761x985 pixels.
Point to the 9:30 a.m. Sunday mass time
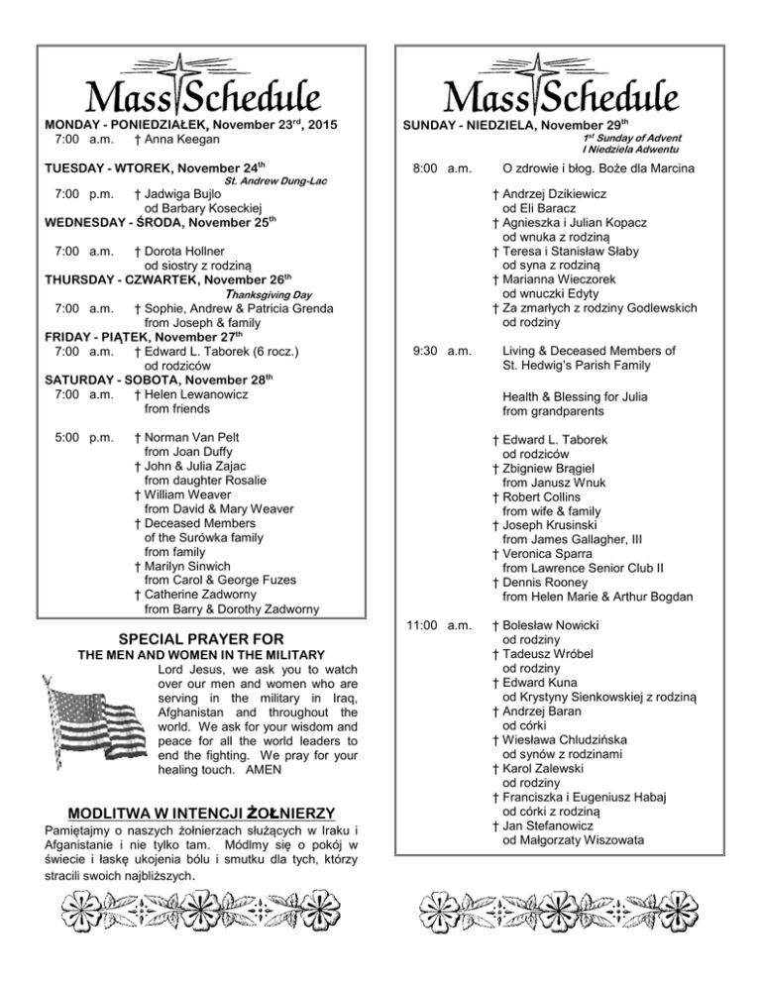(x=447, y=350)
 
